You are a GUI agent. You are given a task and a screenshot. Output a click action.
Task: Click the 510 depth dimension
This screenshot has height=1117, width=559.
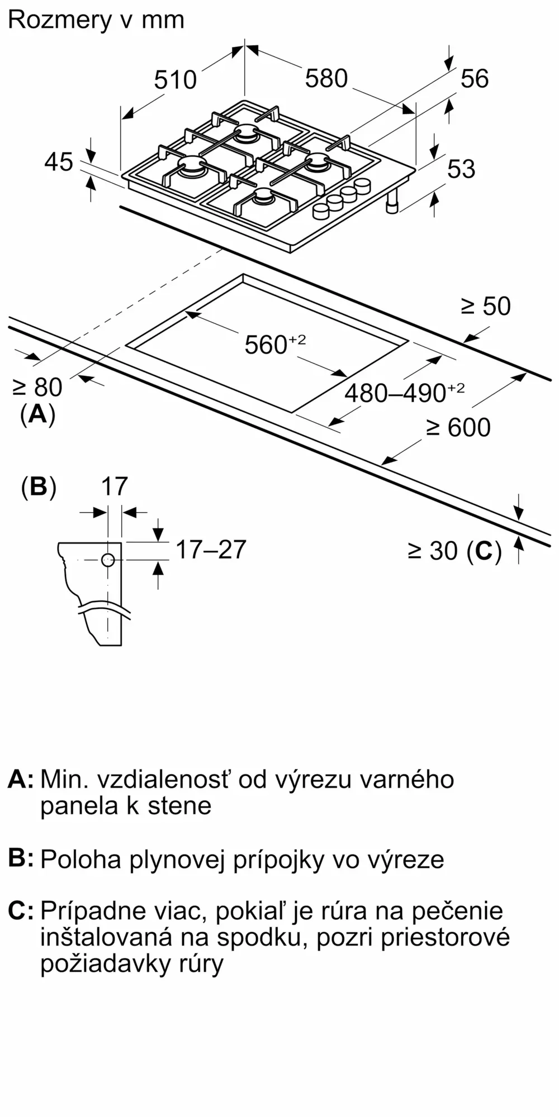pos(176,79)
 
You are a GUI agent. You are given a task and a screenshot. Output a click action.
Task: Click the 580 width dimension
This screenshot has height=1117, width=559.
pos(326,78)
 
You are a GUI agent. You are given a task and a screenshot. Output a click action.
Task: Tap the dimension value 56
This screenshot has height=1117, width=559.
pos(475,79)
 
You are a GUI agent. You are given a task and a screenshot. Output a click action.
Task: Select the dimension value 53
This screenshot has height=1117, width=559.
pos(461,169)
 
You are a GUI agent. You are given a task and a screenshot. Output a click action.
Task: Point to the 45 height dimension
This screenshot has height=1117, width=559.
pos(59,162)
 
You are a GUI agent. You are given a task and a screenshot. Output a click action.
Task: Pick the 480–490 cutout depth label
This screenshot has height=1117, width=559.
pos(404,393)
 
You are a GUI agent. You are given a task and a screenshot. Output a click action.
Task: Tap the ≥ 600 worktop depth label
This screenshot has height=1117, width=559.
pos(458,428)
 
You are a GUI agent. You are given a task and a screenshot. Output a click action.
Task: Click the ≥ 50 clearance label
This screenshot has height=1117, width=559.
pos(485,307)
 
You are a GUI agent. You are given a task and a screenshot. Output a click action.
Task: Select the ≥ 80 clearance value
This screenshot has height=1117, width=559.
pos(37,387)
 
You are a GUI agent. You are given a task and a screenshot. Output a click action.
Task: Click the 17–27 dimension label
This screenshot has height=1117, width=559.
pos(211,550)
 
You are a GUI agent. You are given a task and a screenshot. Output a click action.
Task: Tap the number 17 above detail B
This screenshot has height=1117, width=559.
pos(114,486)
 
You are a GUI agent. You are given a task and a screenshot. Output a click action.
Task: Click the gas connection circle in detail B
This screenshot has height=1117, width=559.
pos(108,560)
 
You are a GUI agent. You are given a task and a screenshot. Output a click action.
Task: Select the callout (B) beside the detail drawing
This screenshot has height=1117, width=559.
pos(39,487)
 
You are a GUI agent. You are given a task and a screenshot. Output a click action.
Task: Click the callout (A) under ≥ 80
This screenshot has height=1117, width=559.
pos(37,414)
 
